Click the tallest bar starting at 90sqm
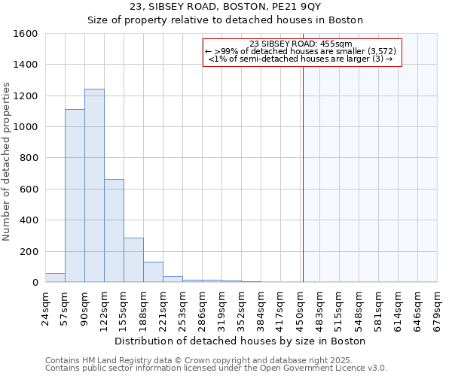[x=94, y=186]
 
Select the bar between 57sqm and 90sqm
[x=75, y=196]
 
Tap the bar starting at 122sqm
[x=114, y=231]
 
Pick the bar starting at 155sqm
[x=133, y=260]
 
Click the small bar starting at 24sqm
[x=55, y=277]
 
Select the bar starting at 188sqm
[x=153, y=272]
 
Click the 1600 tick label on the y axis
[x=26, y=34]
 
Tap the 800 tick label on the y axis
[x=29, y=158]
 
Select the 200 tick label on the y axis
[x=29, y=251]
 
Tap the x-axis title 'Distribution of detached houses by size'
[x=240, y=341]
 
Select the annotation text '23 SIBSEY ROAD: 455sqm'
[x=301, y=44]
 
